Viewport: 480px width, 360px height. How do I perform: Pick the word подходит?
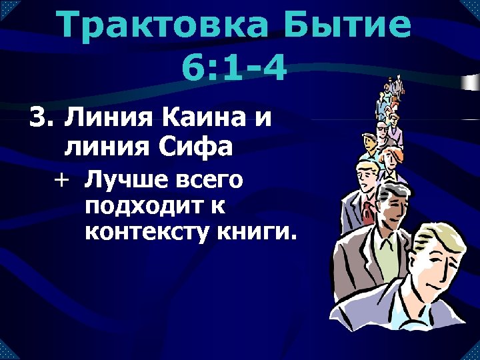(x=147, y=206)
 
